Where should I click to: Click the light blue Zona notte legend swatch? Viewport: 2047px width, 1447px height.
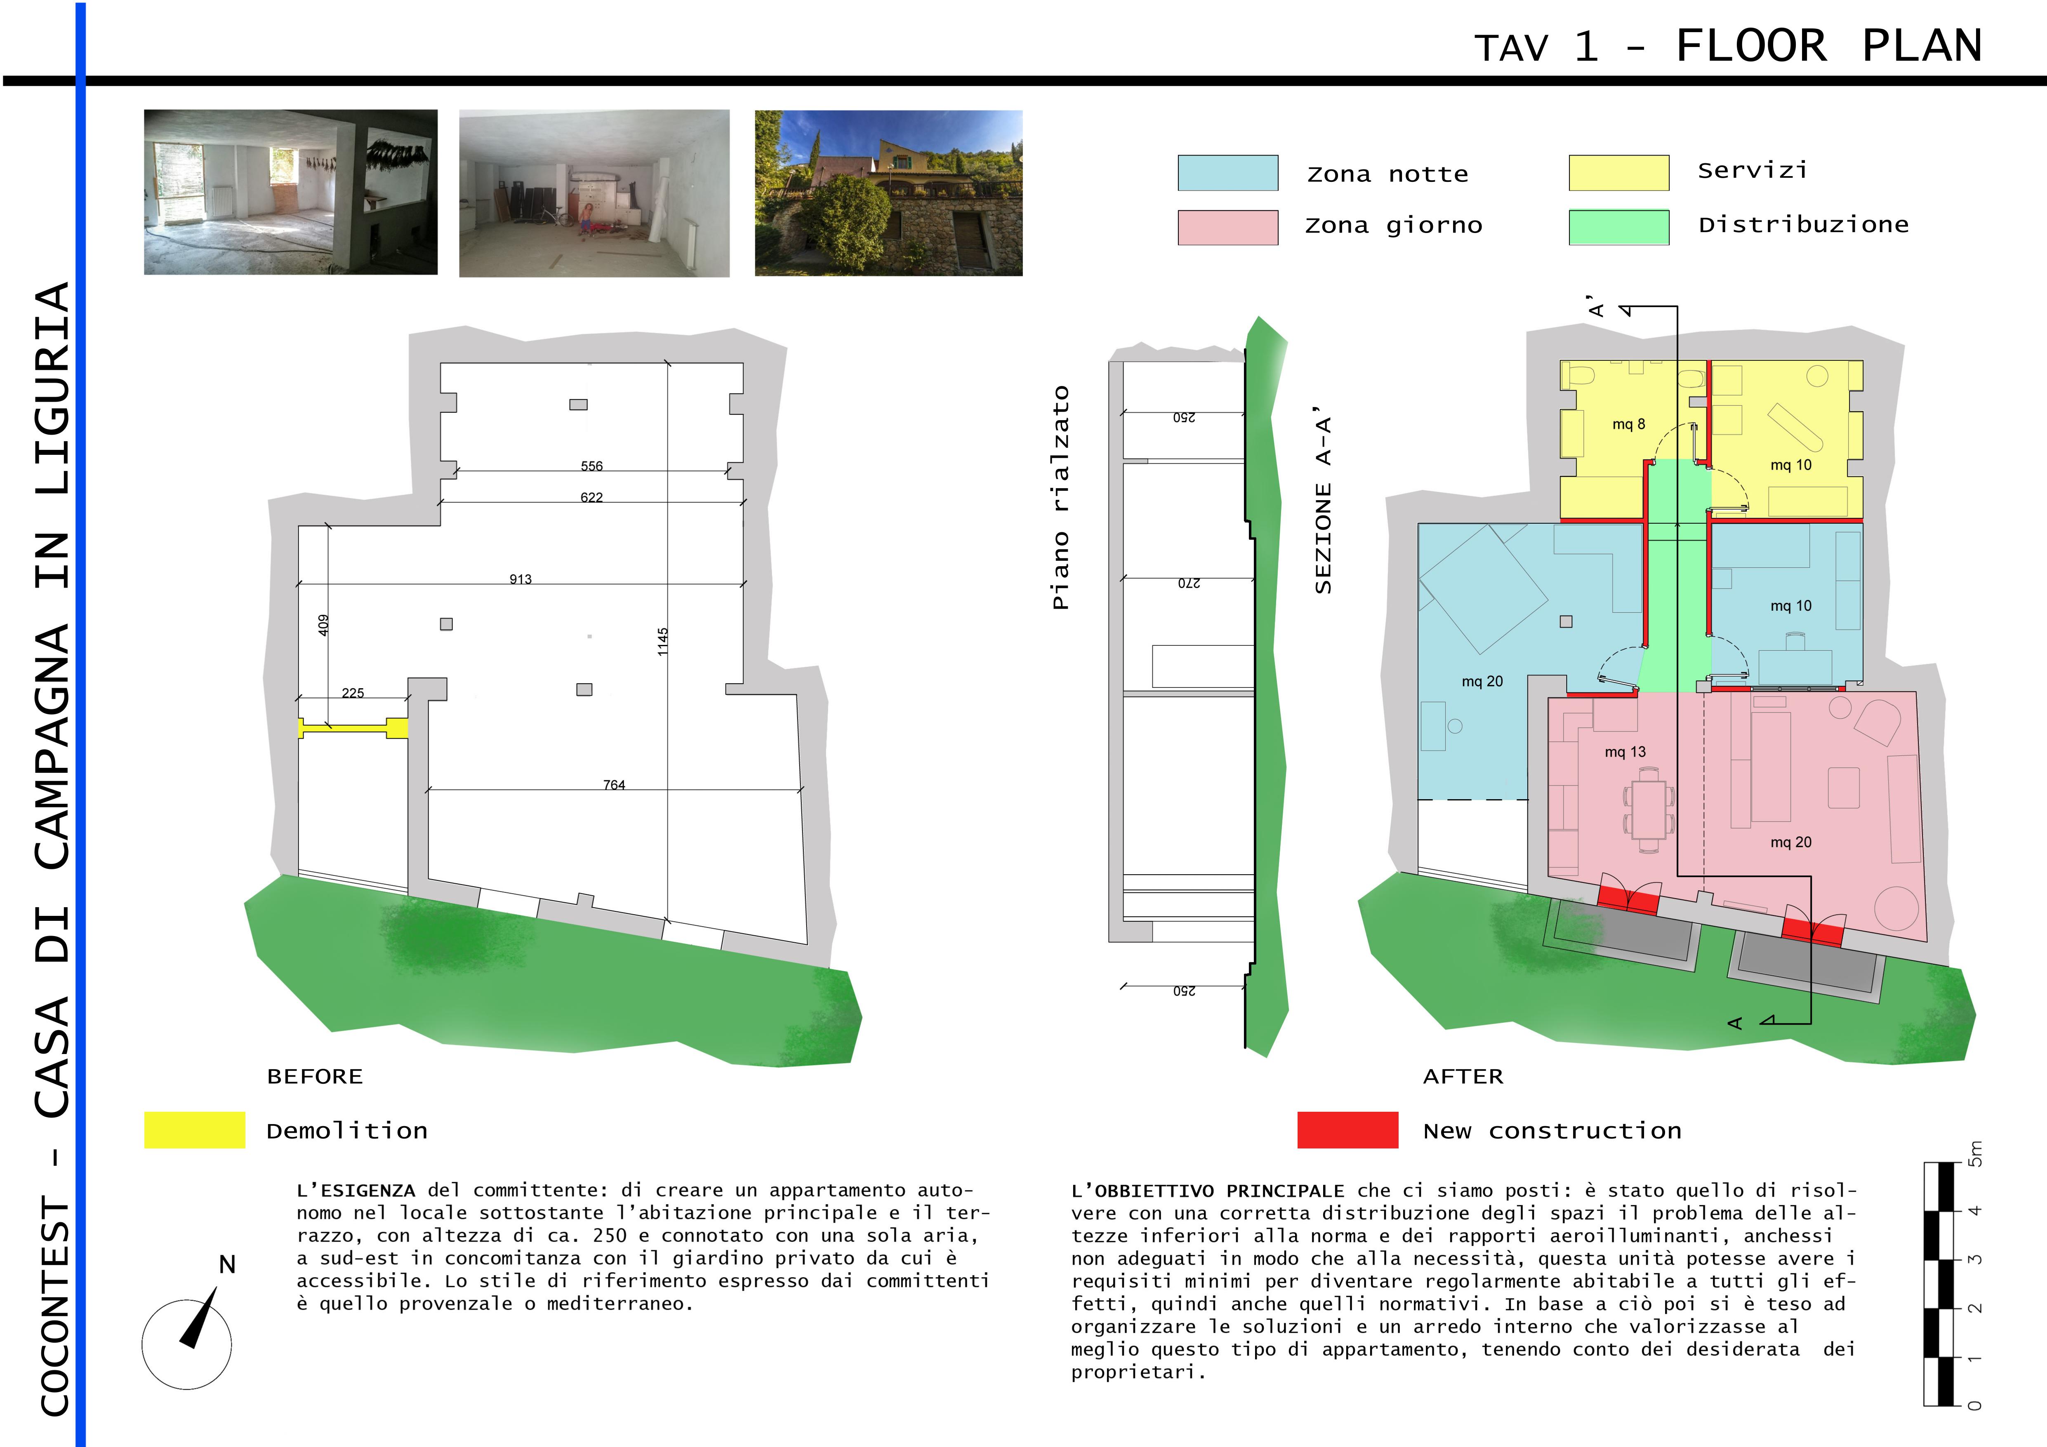(1228, 173)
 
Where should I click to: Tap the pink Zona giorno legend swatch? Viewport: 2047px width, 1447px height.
(1228, 227)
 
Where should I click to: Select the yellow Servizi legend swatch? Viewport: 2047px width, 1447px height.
(1618, 173)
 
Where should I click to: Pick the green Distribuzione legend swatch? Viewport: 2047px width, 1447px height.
(1618, 227)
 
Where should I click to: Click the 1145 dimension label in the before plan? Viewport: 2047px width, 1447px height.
(662, 642)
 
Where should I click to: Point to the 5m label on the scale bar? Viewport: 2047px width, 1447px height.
(1976, 1154)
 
